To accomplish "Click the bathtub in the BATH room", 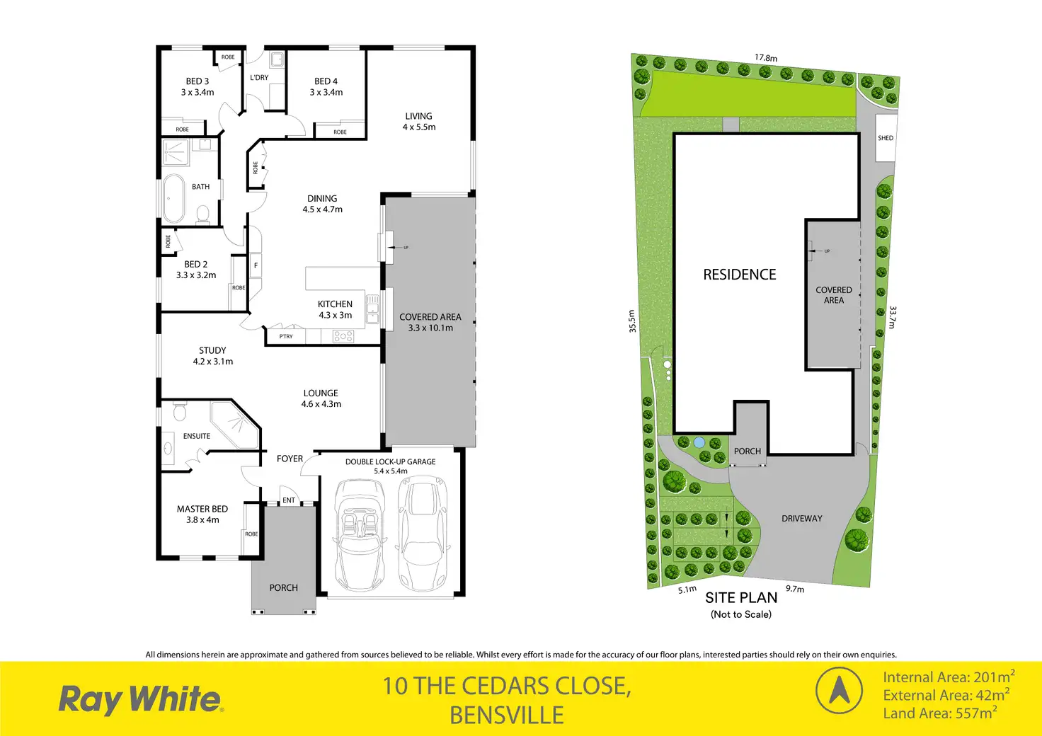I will click(173, 198).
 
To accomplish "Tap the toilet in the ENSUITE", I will click(179, 412).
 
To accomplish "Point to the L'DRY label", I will click(259, 78).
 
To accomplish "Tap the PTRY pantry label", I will click(286, 336).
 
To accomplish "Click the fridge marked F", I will click(256, 265).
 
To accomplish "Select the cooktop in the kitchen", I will click(343, 337).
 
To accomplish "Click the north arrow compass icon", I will click(839, 691).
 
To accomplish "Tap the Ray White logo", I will click(141, 699).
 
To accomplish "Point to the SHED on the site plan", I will click(886, 138).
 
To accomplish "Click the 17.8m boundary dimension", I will click(766, 58).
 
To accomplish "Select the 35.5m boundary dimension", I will click(632, 321).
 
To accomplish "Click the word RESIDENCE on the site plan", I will click(740, 275).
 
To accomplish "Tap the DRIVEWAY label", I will click(802, 519).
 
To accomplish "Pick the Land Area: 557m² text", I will click(939, 713).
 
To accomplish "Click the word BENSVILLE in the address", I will click(507, 715).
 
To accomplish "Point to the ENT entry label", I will click(289, 500).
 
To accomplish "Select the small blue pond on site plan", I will click(699, 442).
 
